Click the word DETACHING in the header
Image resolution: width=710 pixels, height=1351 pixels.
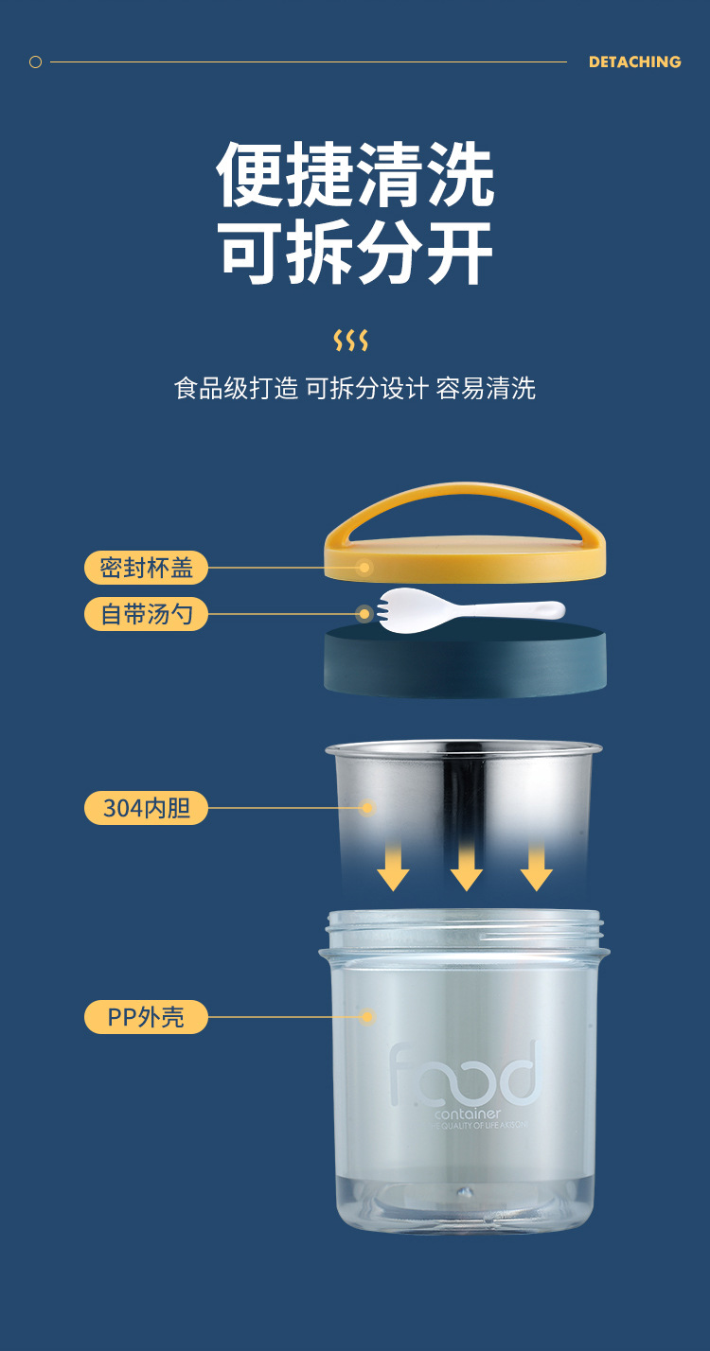pyautogui.click(x=634, y=61)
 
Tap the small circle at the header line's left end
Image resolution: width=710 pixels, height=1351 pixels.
pyautogui.click(x=36, y=62)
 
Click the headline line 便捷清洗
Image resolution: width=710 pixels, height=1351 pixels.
pyautogui.click(x=355, y=176)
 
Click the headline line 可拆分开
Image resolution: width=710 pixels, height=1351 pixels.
pyautogui.click(x=355, y=254)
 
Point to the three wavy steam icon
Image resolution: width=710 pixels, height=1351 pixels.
pyautogui.click(x=350, y=341)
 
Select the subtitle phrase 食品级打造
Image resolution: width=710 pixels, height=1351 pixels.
pyautogui.click(x=236, y=388)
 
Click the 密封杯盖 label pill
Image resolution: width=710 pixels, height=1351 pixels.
pyautogui.click(x=146, y=568)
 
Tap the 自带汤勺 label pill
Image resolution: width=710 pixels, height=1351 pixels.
pyautogui.click(x=146, y=614)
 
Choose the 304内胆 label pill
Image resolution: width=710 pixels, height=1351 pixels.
pyautogui.click(x=146, y=808)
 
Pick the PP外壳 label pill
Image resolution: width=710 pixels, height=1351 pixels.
pyautogui.click(x=146, y=1017)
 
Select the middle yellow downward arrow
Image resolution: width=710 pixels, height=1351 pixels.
pyautogui.click(x=466, y=866)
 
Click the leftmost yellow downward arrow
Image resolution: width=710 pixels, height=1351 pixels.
pyautogui.click(x=393, y=866)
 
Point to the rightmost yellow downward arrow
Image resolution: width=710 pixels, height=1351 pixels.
pyautogui.click(x=536, y=866)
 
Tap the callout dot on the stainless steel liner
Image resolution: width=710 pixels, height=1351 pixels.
pyautogui.click(x=367, y=808)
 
